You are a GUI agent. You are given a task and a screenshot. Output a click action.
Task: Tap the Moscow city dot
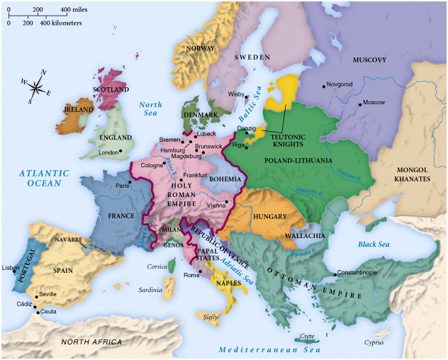359,104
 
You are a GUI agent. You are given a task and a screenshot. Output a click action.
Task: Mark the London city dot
121,151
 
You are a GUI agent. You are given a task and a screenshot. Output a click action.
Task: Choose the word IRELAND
79,111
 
